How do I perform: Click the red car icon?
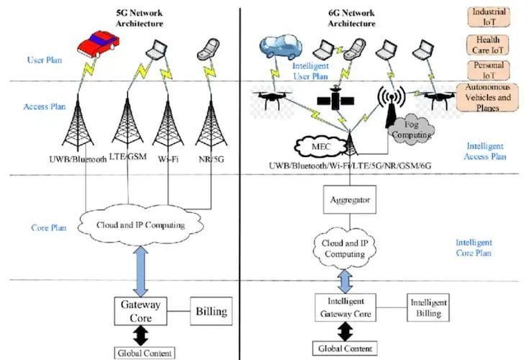click(98, 44)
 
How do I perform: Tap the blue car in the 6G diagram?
click(281, 47)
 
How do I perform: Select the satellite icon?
click(335, 99)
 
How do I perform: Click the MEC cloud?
click(320, 147)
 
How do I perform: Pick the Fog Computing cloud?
click(412, 130)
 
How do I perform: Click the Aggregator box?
click(350, 199)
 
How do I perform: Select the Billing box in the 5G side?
click(211, 311)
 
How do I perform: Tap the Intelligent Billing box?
click(428, 307)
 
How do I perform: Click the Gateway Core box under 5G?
click(140, 311)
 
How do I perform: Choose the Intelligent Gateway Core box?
click(345, 307)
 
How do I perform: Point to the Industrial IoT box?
click(489, 17)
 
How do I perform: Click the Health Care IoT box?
click(488, 45)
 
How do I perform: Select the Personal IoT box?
click(489, 70)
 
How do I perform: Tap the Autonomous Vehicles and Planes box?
click(487, 97)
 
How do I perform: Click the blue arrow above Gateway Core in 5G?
click(140, 271)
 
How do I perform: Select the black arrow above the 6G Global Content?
click(345, 331)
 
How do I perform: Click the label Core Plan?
click(49, 228)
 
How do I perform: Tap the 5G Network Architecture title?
click(140, 18)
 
